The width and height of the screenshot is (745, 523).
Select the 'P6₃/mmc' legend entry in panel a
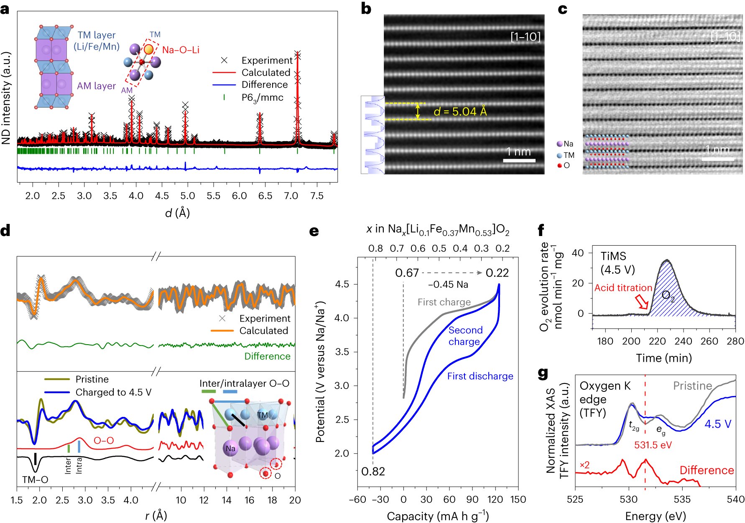point(262,98)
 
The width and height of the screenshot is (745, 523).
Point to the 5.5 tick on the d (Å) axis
point(213,195)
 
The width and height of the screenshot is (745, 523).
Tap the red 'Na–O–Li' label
point(181,50)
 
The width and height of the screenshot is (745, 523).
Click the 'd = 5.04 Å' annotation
point(460,112)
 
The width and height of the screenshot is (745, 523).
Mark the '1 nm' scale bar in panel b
point(519,160)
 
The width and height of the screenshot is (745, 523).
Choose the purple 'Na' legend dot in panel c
point(559,144)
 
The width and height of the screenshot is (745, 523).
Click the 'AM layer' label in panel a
point(96,86)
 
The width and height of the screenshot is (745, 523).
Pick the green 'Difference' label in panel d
point(267,356)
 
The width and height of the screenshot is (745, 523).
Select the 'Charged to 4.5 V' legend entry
point(113,392)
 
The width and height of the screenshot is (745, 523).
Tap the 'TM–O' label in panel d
point(35,480)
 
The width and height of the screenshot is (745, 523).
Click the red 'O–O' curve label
point(104,440)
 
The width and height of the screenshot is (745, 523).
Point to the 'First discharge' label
point(480,376)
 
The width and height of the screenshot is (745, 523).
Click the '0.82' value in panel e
point(373,471)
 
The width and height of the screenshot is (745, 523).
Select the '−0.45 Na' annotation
point(448,284)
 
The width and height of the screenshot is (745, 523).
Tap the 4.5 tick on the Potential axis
point(342,284)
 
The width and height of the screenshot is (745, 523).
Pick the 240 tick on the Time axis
point(683,341)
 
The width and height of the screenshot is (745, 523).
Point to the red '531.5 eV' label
point(653,445)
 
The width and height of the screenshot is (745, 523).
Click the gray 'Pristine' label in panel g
point(692,386)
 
